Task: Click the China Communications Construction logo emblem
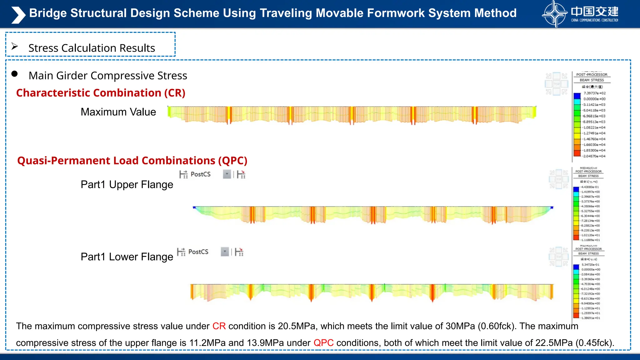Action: (x=554, y=14)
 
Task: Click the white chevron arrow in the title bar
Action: (x=18, y=15)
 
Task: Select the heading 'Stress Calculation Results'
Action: (x=92, y=48)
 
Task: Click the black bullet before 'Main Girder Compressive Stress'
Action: (x=14, y=74)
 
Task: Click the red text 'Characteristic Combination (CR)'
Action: (x=101, y=93)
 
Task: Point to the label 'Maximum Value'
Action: (x=118, y=112)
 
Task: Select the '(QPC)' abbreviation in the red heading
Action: (x=232, y=161)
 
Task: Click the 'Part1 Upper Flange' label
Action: (x=127, y=184)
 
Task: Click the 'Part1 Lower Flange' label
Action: (x=127, y=257)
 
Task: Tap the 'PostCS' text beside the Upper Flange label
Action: (x=200, y=174)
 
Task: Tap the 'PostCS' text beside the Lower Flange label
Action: (x=198, y=252)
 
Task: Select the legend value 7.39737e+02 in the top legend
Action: (x=594, y=93)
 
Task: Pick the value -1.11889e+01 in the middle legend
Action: (x=590, y=240)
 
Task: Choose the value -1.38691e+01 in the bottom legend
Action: (x=590, y=318)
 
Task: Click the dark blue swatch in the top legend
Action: (x=577, y=96)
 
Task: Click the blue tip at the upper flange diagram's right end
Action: (x=552, y=207)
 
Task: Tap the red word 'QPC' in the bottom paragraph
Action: (x=323, y=343)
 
